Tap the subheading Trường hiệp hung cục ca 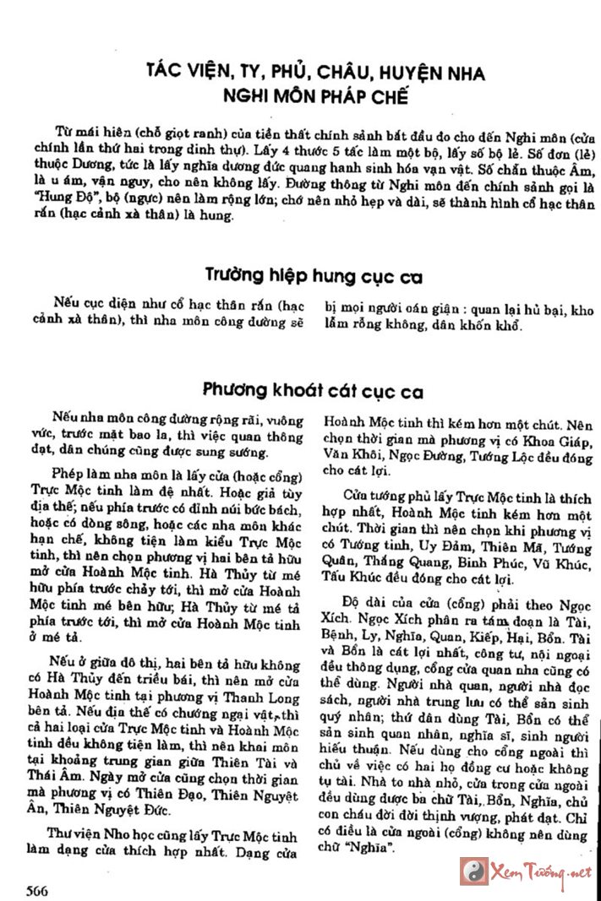click(x=314, y=276)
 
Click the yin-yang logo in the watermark click(x=473, y=871)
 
